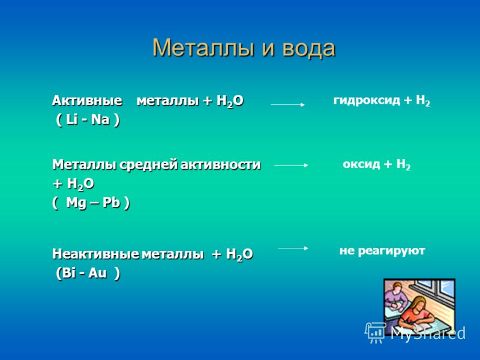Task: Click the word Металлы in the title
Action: click(203, 49)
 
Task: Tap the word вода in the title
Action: click(308, 49)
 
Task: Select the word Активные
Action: click(87, 101)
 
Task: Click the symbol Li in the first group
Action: click(71, 119)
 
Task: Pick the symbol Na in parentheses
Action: click(100, 119)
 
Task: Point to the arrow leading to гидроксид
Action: click(288, 104)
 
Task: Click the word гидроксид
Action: click(367, 100)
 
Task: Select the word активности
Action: click(220, 164)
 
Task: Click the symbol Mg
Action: click(77, 203)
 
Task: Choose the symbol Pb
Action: click(111, 202)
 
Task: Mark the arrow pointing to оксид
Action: click(291, 166)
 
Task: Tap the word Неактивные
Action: click(96, 254)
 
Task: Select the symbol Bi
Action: click(68, 273)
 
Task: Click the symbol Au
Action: click(97, 273)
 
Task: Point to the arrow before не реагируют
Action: click(293, 248)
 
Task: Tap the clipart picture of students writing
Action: click(419, 307)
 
